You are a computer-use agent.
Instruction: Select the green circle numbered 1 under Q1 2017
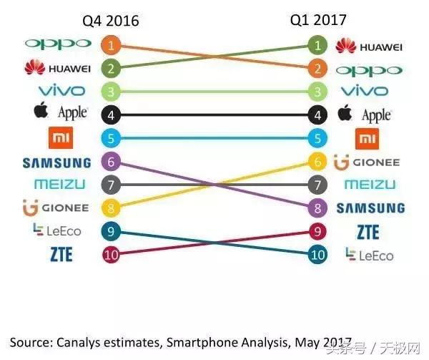tap(317, 46)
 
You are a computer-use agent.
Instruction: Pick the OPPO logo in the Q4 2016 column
tap(59, 44)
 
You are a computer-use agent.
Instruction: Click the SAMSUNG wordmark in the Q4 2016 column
tap(57, 162)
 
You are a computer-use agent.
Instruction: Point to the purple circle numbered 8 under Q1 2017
tap(317, 208)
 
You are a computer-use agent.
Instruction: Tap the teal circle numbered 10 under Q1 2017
tap(317, 255)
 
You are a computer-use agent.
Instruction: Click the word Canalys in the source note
tap(79, 341)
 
